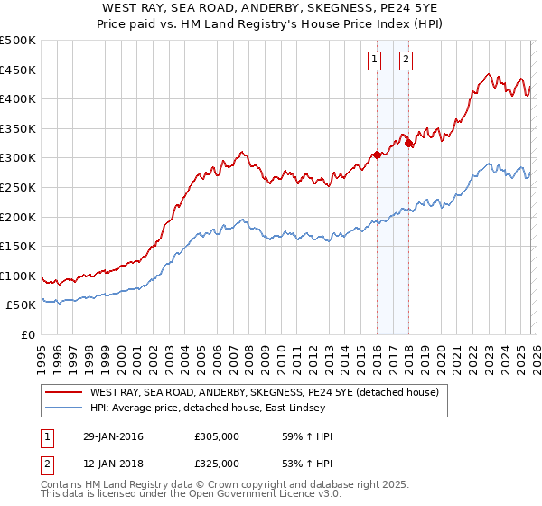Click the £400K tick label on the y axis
coord(18,98)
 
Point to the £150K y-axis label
coord(18,246)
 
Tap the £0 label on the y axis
coord(27,334)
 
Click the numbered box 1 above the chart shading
coord(374,61)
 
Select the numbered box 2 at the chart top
coord(406,61)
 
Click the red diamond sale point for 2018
coord(408,143)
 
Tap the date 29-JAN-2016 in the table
coord(109,436)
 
